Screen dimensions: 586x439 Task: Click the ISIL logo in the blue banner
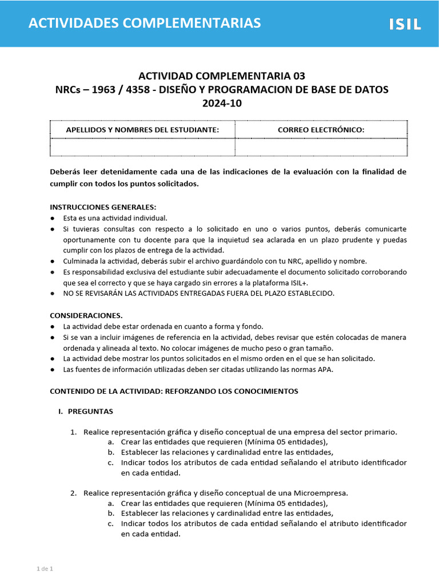coord(405,24)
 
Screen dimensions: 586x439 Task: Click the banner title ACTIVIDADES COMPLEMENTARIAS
coord(145,23)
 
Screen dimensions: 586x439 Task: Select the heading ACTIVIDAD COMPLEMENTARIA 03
coord(222,76)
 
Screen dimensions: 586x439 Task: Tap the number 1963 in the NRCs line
coord(103,89)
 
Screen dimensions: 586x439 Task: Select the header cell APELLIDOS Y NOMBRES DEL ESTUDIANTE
coord(142,130)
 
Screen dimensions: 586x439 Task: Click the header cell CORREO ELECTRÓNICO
coord(321,130)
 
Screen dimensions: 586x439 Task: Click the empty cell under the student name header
coord(142,147)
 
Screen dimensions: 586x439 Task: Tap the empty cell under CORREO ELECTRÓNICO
coord(321,147)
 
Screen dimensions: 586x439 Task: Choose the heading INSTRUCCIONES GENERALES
coord(103,207)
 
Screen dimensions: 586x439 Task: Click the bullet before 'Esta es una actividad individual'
coord(53,218)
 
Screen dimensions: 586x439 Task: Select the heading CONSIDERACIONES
coord(86,315)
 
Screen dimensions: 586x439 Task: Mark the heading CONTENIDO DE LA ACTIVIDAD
coord(174,391)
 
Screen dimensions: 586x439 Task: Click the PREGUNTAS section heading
coord(90,411)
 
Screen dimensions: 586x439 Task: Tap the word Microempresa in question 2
coord(321,493)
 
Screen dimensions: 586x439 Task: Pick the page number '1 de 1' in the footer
coord(45,568)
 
